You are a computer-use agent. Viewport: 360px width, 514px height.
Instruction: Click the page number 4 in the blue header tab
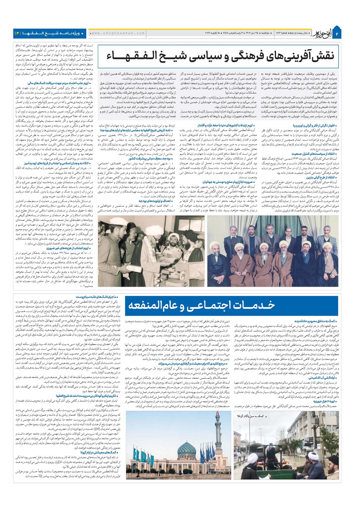click(x=17, y=33)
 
